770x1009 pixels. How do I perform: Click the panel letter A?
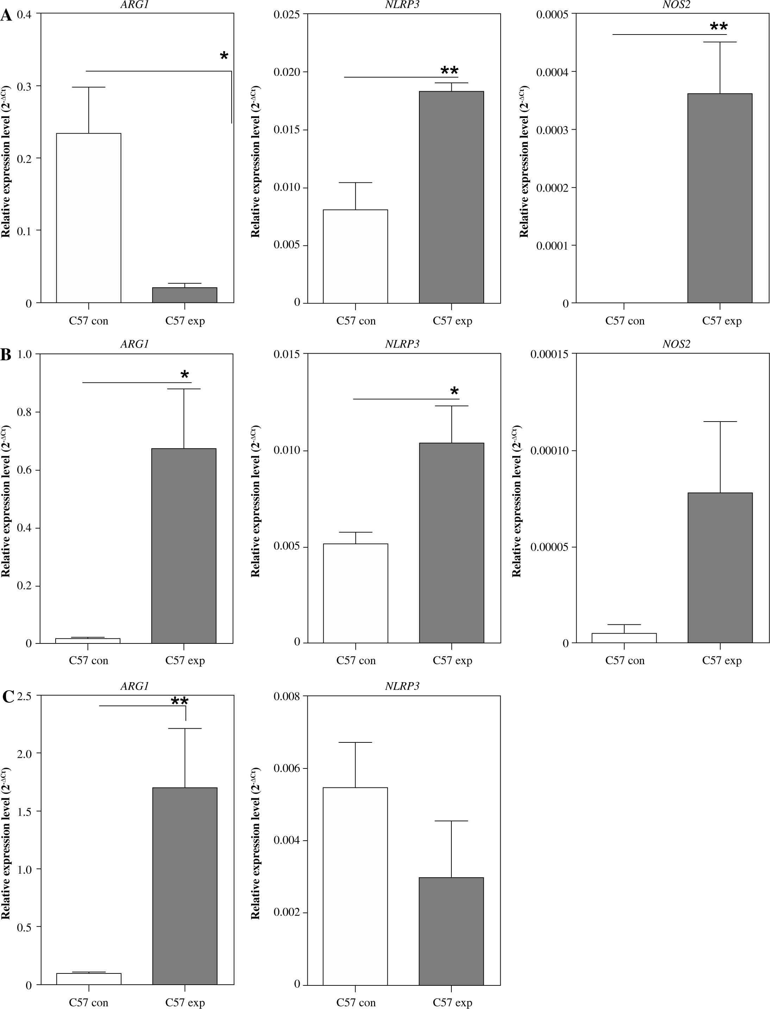coord(6,17)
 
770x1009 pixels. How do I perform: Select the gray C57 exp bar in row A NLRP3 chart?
coord(451,197)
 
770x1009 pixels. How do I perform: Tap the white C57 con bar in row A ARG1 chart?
coord(88,218)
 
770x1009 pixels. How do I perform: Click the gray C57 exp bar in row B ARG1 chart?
coord(184,546)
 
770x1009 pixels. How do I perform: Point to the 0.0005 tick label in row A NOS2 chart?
coord(552,15)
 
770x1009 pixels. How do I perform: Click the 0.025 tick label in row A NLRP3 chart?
coord(287,15)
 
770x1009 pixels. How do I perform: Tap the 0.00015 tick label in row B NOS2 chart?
coord(550,354)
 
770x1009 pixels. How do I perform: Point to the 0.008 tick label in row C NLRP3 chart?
coord(287,696)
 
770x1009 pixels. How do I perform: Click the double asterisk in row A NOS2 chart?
coord(719,26)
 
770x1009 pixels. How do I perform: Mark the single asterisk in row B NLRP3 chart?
coord(454,391)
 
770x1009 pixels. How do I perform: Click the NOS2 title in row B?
coord(676,344)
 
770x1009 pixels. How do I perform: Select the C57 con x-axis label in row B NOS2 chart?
coord(625,661)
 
